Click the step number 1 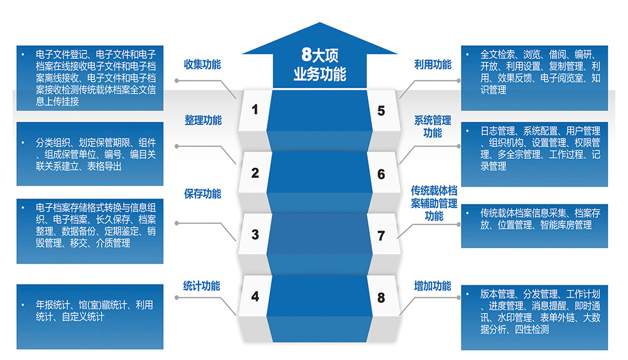pos(255,110)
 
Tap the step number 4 pos(255,296)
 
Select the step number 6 pos(381,174)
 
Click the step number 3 pos(255,234)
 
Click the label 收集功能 pos(202,65)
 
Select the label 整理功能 pos(202,121)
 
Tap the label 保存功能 pos(202,194)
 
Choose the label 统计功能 pos(202,286)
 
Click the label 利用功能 pos(433,65)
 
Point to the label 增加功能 pos(433,286)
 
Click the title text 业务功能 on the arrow pos(320,74)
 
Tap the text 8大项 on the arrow pos(320,55)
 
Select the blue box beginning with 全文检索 pos(534,77)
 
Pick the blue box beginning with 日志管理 pos(534,149)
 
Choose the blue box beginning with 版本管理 pos(534,317)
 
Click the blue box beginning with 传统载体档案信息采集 pos(534,225)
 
